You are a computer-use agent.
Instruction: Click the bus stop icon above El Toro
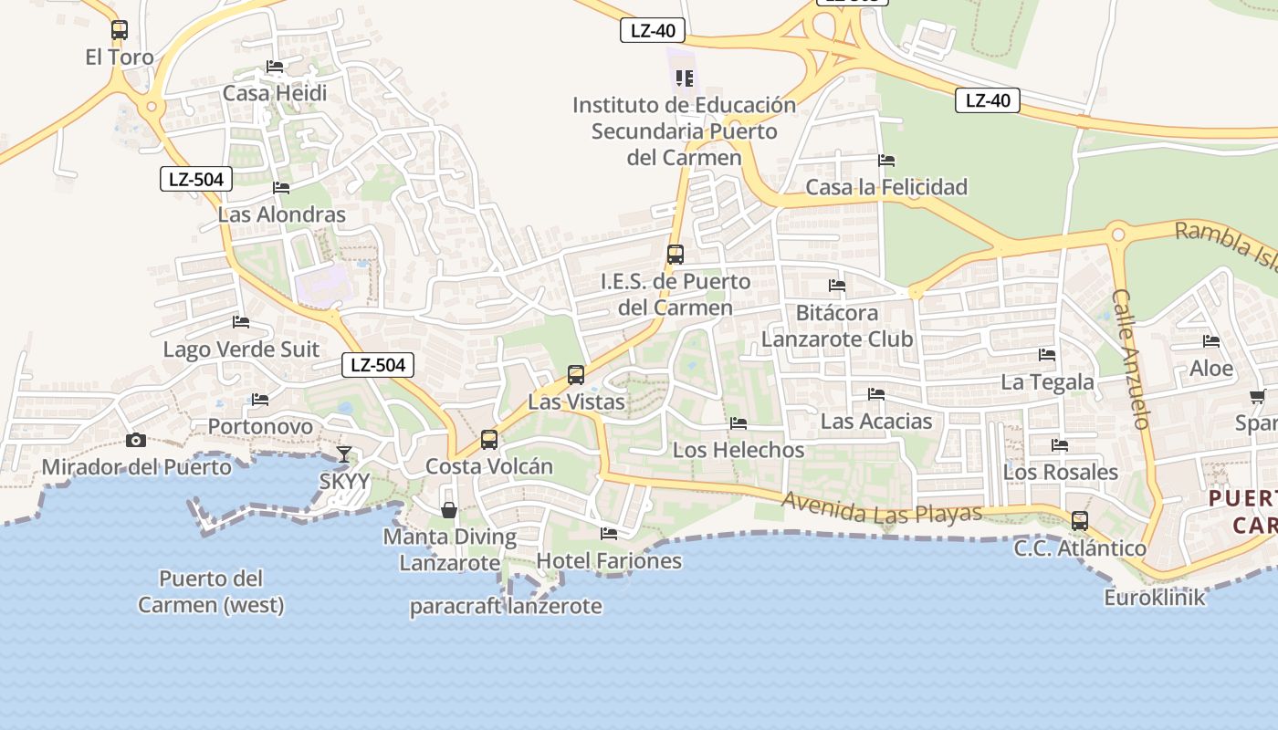[x=120, y=30]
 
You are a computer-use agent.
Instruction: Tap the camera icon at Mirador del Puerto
[x=136, y=441]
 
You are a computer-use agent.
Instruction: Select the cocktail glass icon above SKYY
[x=344, y=454]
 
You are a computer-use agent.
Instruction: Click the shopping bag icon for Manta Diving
[x=449, y=510]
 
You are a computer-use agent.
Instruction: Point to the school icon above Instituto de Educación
[x=684, y=78]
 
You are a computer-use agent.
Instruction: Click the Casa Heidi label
[x=275, y=93]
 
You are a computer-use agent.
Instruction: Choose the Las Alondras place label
[x=282, y=215]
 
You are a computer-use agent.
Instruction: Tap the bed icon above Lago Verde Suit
[x=241, y=322]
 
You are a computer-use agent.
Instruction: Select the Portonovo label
[x=260, y=426]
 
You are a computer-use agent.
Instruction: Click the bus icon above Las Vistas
[x=576, y=375]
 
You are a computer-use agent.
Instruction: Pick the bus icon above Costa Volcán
[x=489, y=440]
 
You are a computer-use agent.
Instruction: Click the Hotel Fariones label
[x=609, y=560]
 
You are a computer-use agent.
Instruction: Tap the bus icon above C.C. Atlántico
[x=1080, y=521]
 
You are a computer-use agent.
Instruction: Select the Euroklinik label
[x=1155, y=598]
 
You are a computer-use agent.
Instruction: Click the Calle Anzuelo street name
[x=1130, y=360]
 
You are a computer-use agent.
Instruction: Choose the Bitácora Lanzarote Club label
[x=837, y=326]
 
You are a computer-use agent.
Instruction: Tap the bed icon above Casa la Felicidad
[x=886, y=161]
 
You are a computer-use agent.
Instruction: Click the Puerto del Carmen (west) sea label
[x=211, y=591]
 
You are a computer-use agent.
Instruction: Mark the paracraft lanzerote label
[x=506, y=606]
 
